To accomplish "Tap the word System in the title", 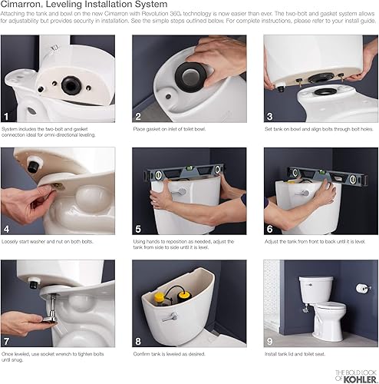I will tap(155, 7).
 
